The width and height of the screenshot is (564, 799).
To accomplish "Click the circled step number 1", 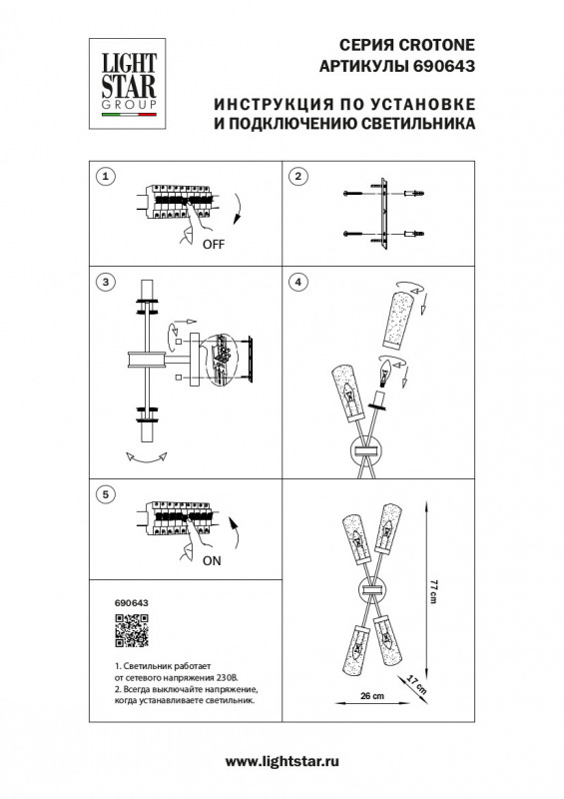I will [102, 177].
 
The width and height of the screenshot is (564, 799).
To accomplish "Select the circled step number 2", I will [296, 177].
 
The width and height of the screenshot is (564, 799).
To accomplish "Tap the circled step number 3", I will [102, 283].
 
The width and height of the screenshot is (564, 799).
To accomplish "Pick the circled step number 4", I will [296, 283].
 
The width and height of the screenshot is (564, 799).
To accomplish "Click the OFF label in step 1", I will [214, 244].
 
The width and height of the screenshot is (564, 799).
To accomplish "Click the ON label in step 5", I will [212, 561].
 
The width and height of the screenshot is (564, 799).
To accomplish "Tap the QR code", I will [131, 633].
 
